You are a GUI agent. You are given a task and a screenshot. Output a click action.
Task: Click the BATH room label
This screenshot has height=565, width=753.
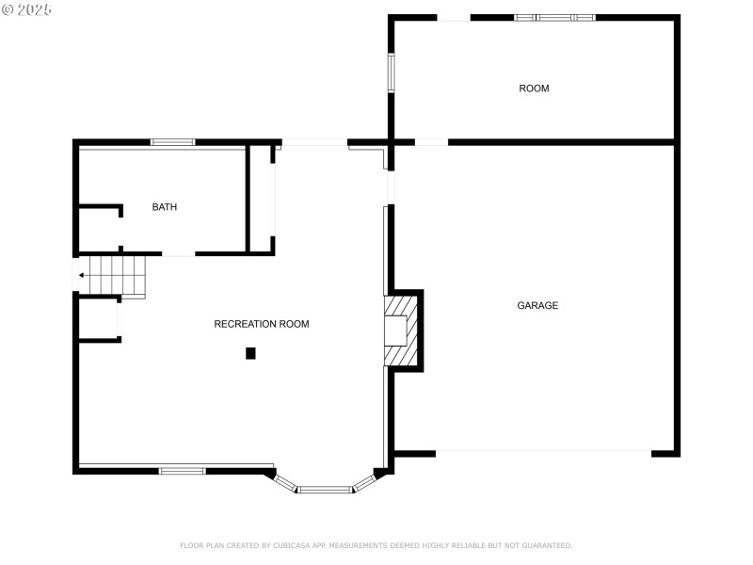165,207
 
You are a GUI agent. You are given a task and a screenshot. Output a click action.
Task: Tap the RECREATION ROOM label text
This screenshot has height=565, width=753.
262,324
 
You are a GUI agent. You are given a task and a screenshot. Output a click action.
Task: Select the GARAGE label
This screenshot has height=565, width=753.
537,305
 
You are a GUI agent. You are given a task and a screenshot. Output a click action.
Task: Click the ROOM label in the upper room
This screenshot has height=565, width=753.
534,89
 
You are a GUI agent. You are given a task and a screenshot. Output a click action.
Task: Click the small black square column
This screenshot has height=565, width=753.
250,353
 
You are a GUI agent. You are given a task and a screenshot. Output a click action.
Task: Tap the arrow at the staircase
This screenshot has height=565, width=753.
82,275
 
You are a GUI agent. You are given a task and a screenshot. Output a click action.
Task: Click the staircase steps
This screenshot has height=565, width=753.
118,275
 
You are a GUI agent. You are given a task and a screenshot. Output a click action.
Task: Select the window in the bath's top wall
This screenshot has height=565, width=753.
172,142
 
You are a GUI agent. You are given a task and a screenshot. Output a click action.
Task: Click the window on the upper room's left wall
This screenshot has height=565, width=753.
391,73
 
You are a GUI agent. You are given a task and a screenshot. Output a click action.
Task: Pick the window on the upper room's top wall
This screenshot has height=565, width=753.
554,17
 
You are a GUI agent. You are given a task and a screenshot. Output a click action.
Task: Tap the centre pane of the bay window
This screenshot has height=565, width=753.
325,490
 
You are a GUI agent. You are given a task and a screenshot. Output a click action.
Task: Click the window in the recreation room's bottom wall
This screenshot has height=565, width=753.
182,470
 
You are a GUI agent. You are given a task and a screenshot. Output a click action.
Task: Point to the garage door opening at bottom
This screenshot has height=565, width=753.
543,453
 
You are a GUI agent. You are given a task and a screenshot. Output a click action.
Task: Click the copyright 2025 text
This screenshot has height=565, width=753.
27,9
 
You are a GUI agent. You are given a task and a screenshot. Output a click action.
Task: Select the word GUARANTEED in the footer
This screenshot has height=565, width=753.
545,545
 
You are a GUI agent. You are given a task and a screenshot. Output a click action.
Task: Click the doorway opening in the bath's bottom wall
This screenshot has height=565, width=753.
178,254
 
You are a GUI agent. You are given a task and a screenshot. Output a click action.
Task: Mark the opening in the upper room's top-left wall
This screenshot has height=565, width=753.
454,17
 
